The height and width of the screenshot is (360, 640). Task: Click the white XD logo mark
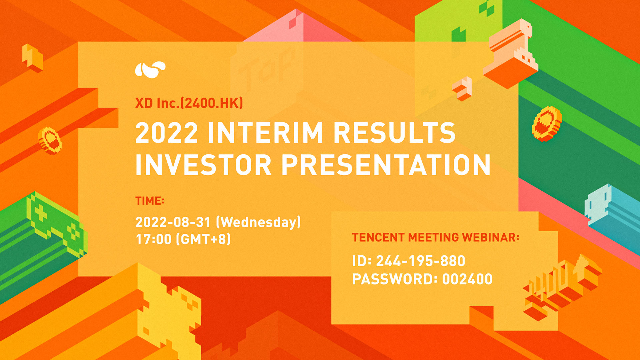(x=150, y=70)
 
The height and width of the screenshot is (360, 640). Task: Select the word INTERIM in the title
(x=265, y=133)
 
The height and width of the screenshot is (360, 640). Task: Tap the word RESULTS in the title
(x=394, y=133)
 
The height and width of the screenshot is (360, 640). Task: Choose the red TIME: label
(x=150, y=201)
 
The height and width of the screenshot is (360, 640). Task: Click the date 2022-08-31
(x=173, y=222)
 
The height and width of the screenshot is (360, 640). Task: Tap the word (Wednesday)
(x=259, y=222)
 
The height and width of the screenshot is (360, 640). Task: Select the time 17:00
(x=153, y=239)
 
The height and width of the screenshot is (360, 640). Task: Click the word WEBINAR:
(x=491, y=237)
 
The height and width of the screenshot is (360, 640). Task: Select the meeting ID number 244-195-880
(x=421, y=261)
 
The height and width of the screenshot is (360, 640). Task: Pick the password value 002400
(x=467, y=279)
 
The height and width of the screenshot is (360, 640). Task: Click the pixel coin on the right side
(x=547, y=123)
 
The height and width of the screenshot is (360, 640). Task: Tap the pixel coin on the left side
(x=50, y=141)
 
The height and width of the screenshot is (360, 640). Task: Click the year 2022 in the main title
(x=166, y=133)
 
